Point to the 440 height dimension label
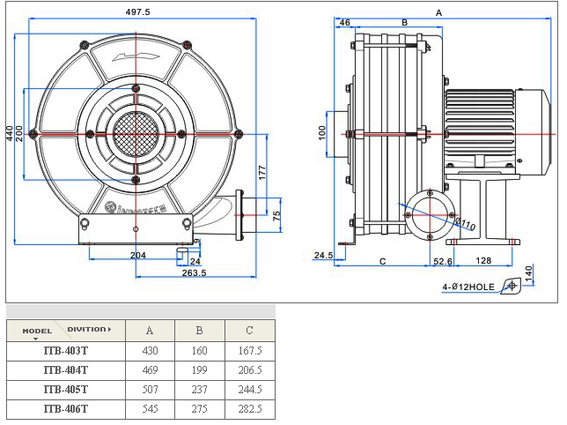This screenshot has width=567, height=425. pos(10,133)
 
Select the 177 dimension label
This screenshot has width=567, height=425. pos(262,172)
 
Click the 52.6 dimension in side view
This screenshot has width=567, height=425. pos(443,262)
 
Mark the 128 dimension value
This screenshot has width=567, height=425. pos(483,262)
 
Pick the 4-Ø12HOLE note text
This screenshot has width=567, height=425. pos(468,287)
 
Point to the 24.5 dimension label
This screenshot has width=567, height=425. pos(323,257)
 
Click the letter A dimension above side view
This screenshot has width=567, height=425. pos(438,12)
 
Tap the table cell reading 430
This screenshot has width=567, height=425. pos(150,350)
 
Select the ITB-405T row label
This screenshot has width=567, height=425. pos(66,389)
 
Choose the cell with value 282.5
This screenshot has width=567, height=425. pos(250,408)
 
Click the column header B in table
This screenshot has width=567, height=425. pos(200,331)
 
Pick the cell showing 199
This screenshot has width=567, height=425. pos(200,369)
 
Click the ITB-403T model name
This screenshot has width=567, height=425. pos(66,350)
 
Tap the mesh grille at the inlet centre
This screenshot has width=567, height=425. pos(136,134)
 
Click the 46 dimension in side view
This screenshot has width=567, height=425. pos(344,22)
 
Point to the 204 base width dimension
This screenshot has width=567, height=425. pos(137,257)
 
